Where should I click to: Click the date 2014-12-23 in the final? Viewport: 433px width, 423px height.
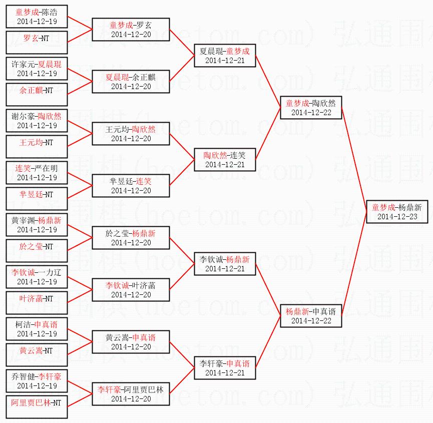tap(397, 217)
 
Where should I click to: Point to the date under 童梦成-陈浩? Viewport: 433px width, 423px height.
tap(37, 22)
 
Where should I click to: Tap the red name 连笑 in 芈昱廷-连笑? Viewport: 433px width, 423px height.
tap(144, 181)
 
